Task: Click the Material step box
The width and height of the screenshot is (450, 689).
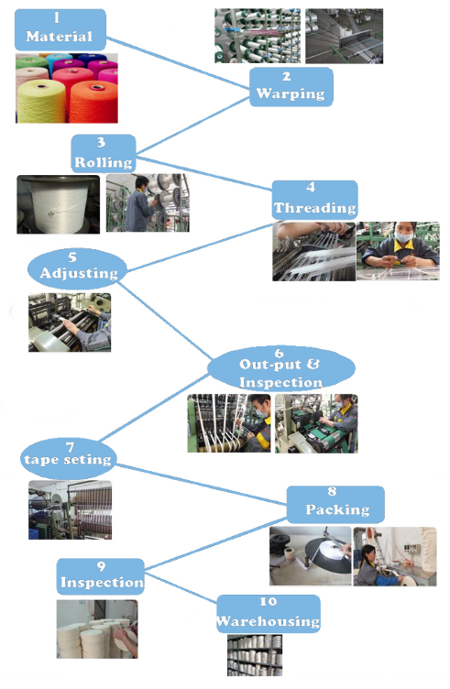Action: (x=60, y=30)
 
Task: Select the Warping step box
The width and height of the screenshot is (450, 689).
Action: (x=291, y=86)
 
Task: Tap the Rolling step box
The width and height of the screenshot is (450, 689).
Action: (x=104, y=153)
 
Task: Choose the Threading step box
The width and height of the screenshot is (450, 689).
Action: (x=314, y=200)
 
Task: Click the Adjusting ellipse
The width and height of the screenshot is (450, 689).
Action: (x=77, y=268)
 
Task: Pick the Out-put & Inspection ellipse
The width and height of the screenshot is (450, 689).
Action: (x=280, y=368)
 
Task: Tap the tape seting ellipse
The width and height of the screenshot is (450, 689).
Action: (x=68, y=457)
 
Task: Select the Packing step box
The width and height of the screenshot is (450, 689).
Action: (x=335, y=504)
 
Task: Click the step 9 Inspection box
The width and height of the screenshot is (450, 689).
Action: (x=101, y=576)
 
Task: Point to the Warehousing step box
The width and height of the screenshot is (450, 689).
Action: (x=269, y=614)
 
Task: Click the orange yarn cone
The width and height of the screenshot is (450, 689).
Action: (x=93, y=102)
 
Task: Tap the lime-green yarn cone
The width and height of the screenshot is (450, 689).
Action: (x=41, y=102)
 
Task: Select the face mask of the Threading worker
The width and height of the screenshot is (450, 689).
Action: (x=403, y=236)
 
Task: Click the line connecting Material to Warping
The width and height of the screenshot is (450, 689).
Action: (x=178, y=63)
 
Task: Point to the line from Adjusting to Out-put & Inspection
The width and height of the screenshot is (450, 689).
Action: (x=165, y=321)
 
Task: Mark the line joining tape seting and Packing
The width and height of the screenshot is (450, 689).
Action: (x=202, y=485)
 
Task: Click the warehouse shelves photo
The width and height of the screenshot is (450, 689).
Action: (x=255, y=655)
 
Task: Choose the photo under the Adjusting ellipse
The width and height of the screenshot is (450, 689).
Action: (x=70, y=323)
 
